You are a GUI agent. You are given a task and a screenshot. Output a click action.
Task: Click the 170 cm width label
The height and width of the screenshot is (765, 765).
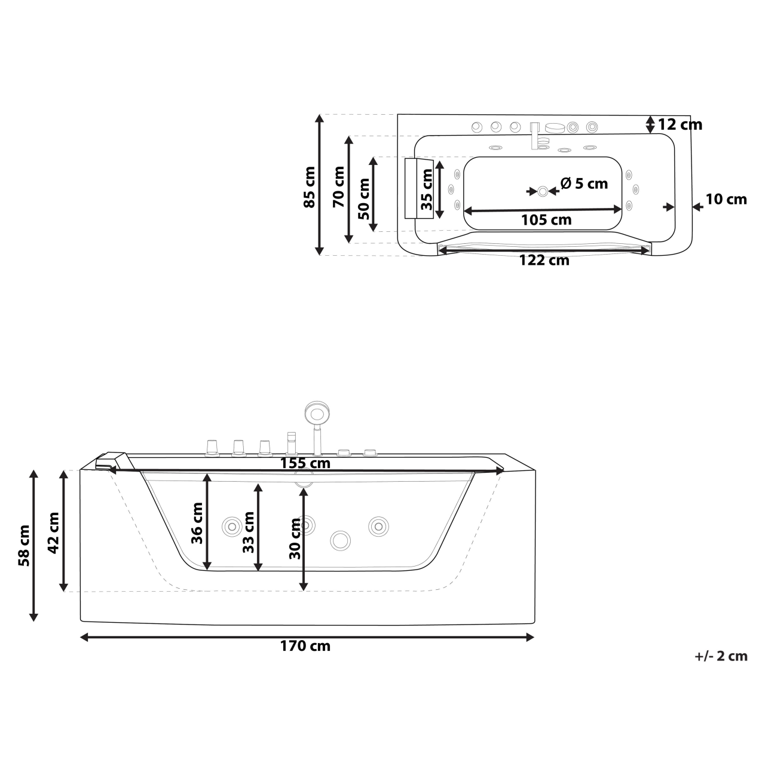[305, 646]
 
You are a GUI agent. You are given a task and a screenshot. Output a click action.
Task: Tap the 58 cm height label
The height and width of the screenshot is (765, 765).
[24, 545]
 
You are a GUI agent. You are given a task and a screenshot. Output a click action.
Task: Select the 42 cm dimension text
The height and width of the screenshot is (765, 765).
[53, 533]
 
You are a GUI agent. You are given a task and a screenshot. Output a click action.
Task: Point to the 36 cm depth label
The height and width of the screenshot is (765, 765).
[197, 522]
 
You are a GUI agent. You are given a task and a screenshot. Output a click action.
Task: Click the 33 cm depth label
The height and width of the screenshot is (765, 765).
[248, 532]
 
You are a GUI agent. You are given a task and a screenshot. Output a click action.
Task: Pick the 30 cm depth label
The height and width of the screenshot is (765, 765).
[295, 538]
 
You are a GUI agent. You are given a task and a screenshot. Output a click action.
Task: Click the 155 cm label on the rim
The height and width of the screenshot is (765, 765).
[305, 463]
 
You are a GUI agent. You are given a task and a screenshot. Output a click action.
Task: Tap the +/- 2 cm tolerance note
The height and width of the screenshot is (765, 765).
[721, 656]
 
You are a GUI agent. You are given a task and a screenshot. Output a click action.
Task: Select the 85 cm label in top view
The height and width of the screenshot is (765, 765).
[309, 186]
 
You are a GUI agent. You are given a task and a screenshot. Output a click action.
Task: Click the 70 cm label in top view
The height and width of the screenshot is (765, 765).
[338, 186]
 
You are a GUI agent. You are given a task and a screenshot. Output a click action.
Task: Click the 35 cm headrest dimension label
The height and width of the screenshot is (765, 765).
[426, 190]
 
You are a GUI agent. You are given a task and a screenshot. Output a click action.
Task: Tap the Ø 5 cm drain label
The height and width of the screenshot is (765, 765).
[584, 183]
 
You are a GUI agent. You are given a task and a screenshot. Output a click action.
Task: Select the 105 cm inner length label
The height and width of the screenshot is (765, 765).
[546, 220]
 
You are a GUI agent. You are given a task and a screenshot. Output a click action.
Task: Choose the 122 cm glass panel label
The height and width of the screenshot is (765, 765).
[544, 261]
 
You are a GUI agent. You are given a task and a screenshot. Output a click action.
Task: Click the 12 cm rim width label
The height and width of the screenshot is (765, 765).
[680, 125]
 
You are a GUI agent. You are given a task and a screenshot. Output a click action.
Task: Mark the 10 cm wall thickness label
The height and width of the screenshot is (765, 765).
[726, 199]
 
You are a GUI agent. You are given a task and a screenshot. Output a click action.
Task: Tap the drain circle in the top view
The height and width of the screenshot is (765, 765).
[543, 191]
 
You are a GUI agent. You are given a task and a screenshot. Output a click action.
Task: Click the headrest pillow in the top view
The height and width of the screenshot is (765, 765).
[418, 188]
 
